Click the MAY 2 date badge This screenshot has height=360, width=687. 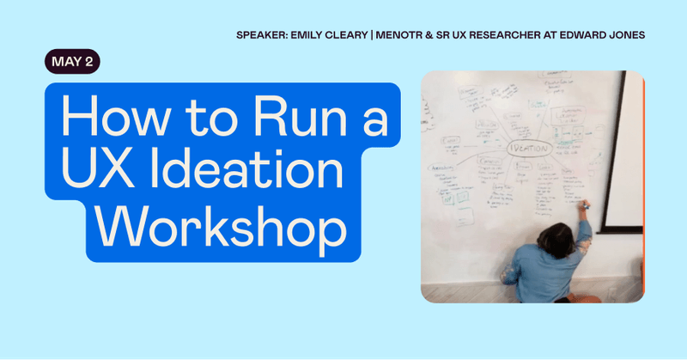click(x=72, y=62)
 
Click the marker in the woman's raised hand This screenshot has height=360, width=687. click(x=587, y=204)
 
